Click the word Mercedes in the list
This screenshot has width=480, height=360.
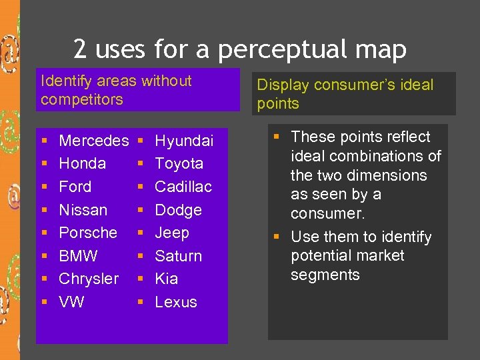pos(93,141)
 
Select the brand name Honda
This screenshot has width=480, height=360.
pos(82,164)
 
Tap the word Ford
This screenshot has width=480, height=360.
pos(75,187)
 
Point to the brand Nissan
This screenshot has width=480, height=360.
pos(83,210)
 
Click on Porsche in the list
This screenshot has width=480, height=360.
pos(88,233)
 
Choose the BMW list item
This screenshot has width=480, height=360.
pos(78,256)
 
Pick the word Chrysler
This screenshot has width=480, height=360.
pos(89,279)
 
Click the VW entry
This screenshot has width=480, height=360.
pos(71,302)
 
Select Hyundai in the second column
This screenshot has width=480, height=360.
pos(184,141)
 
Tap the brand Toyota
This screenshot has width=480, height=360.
pos(179,164)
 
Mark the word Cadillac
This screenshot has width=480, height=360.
pos(183,187)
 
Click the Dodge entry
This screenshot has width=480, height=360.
pos(178,210)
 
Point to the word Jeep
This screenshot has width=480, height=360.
pos(172,233)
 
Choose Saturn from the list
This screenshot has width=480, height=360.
pos(178,256)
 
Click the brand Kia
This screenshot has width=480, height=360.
pos(166,279)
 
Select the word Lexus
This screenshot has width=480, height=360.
pos(176,302)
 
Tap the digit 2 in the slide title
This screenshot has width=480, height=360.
pos(80,49)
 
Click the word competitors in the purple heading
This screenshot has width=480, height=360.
pos(82,99)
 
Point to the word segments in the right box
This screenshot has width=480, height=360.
pos(325,275)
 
